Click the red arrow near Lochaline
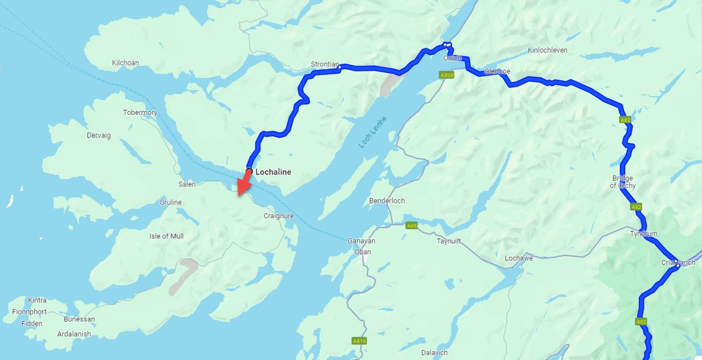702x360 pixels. [x=243, y=184]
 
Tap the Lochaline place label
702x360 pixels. [x=273, y=172]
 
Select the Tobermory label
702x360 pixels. [x=140, y=112]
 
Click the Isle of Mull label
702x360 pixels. [x=166, y=236]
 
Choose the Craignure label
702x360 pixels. [x=278, y=216]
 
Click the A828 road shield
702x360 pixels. [x=448, y=76]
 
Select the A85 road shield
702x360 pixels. [x=412, y=225]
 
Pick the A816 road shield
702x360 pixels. [x=359, y=341]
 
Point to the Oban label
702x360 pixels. [x=363, y=252]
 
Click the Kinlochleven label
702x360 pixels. [x=547, y=50]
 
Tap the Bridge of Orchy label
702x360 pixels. [x=623, y=181]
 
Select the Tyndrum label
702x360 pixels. [x=643, y=234]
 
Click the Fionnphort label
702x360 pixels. [x=29, y=312]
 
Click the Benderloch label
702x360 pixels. [x=387, y=201]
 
